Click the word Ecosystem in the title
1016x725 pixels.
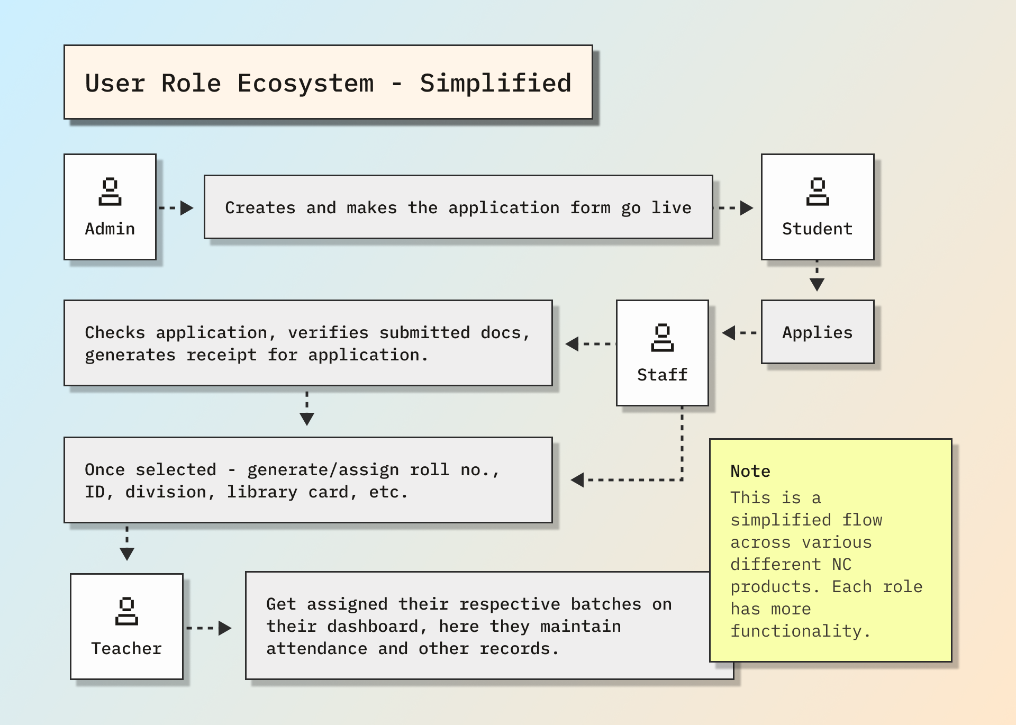tap(305, 84)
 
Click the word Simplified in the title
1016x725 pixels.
tap(495, 84)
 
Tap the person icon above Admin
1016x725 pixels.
tap(110, 192)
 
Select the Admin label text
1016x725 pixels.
tap(110, 229)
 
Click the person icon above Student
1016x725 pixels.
tap(818, 192)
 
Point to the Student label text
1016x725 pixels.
tap(818, 229)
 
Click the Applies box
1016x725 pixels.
tap(818, 332)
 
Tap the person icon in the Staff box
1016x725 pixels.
tap(662, 338)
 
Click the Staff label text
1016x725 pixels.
tap(662, 375)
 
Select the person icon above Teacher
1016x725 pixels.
tap(126, 611)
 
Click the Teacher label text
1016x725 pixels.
tap(126, 648)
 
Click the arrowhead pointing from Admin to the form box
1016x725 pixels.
tap(186, 208)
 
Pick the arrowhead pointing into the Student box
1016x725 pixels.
tap(746, 208)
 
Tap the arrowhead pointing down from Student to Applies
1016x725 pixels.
tap(817, 285)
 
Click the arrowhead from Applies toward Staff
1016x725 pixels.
tap(729, 333)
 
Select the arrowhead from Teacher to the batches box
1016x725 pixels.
tap(224, 628)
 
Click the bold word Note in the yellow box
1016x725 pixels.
tap(750, 471)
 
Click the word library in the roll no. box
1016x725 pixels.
tap(262, 492)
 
